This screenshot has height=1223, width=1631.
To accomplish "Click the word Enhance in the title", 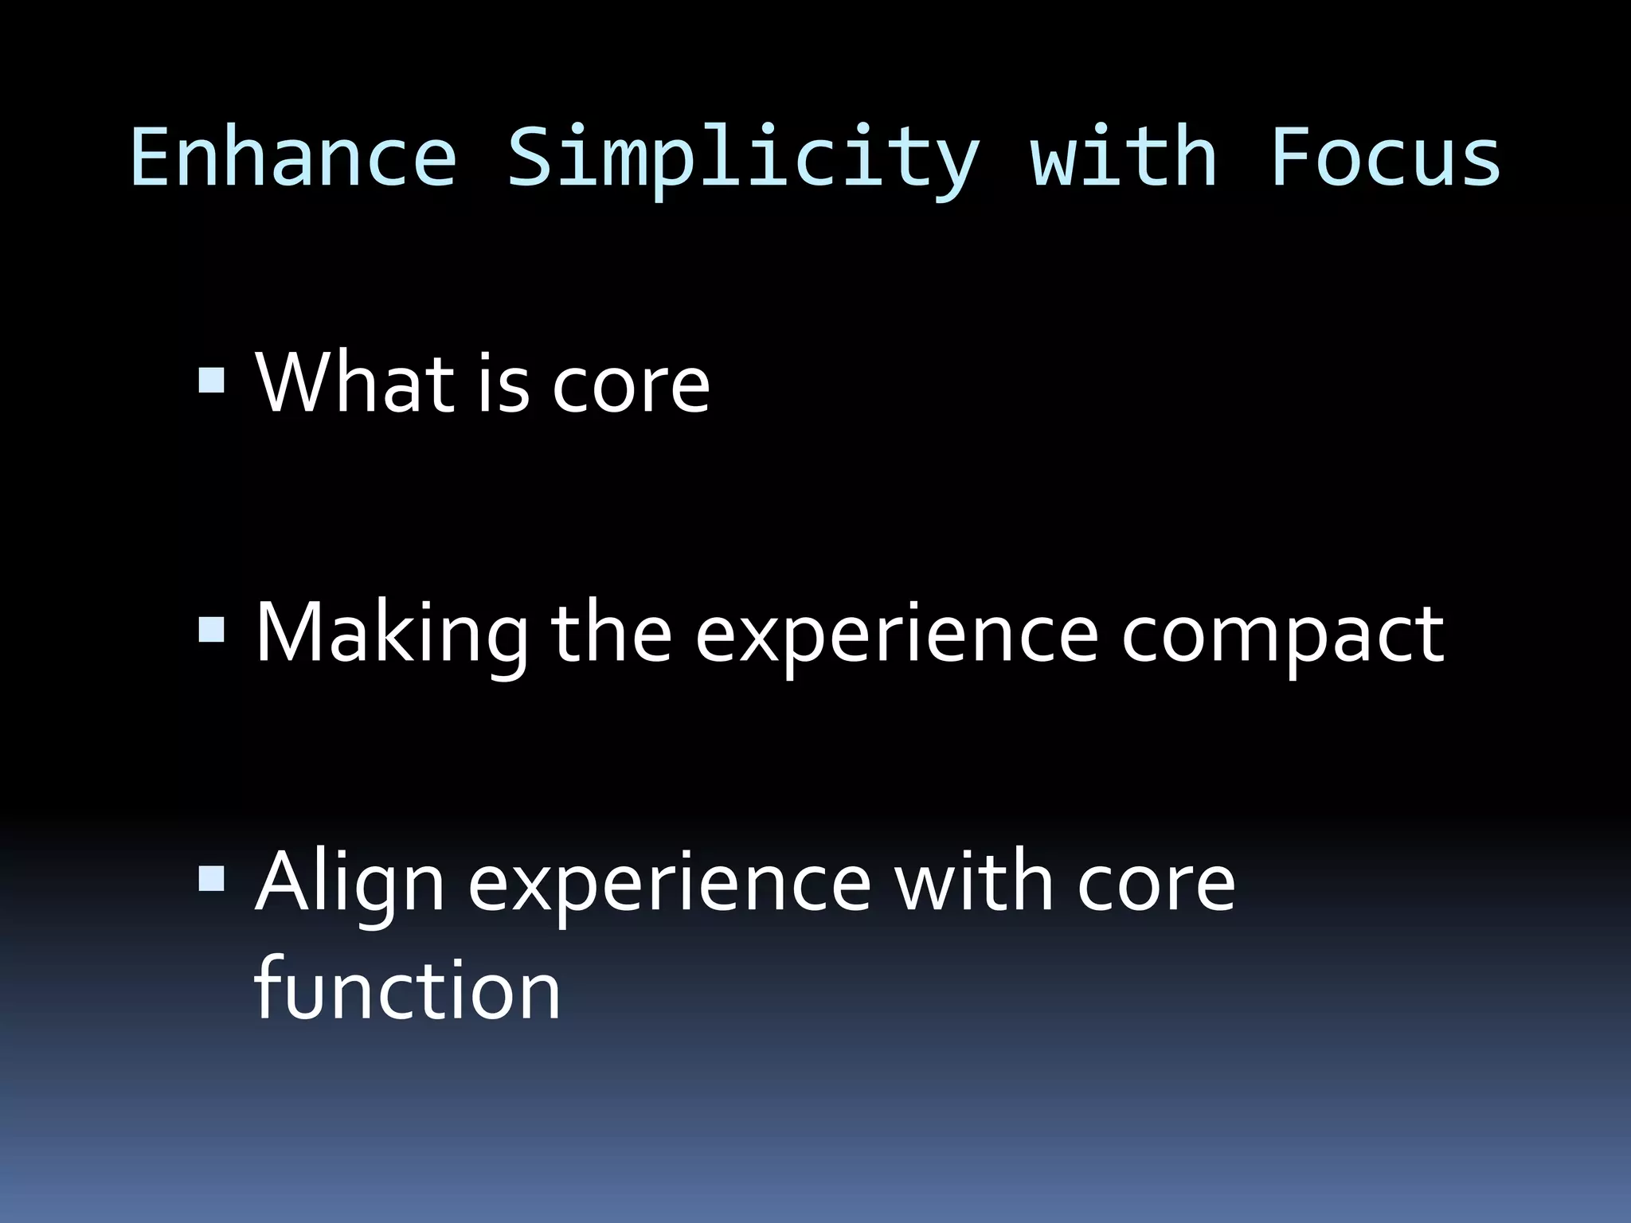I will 293,158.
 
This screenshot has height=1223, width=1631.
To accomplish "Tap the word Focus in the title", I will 1385,158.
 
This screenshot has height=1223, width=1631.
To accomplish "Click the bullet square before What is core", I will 212,380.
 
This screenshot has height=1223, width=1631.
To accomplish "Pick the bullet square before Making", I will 212,630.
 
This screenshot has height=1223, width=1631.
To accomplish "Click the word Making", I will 391,634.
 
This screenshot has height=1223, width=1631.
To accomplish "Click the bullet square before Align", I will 212,879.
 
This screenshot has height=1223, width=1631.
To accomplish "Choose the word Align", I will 349,884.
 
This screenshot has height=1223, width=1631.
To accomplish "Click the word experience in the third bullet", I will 669,885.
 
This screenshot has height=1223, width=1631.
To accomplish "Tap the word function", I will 407,989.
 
